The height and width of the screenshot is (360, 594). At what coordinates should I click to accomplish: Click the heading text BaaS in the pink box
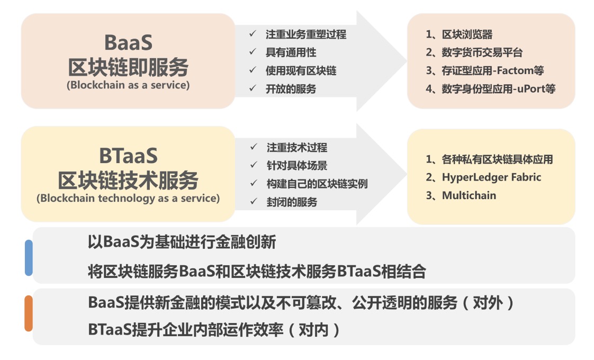(x=129, y=42)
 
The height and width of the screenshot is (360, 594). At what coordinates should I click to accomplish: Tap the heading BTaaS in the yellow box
(x=129, y=156)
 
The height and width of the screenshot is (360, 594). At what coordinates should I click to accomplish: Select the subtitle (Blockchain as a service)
(x=128, y=85)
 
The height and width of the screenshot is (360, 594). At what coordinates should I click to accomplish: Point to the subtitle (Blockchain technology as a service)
(x=128, y=198)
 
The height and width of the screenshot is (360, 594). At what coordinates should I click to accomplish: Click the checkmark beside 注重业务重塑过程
(x=253, y=34)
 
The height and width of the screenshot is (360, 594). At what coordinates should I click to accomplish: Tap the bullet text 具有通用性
(x=291, y=52)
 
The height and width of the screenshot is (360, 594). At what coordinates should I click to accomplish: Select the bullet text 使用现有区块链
(x=301, y=70)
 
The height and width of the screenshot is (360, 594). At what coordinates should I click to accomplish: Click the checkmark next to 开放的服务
(x=253, y=88)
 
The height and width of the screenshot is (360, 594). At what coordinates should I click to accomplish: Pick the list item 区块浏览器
(x=467, y=34)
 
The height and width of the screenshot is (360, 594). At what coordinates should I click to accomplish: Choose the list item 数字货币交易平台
(x=482, y=52)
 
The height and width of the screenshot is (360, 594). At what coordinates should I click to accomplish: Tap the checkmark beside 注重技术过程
(x=254, y=147)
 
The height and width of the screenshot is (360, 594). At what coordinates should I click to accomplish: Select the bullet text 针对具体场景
(x=297, y=166)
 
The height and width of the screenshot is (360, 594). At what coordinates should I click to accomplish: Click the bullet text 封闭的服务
(x=292, y=202)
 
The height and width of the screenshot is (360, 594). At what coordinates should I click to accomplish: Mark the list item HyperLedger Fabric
(x=492, y=177)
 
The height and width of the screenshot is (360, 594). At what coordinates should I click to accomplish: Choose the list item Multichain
(x=469, y=195)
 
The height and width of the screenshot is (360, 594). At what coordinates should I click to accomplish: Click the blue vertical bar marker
(x=29, y=258)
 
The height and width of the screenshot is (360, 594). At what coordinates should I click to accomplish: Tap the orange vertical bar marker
(x=29, y=313)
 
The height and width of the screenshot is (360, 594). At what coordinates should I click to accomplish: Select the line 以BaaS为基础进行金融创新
(x=182, y=242)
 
